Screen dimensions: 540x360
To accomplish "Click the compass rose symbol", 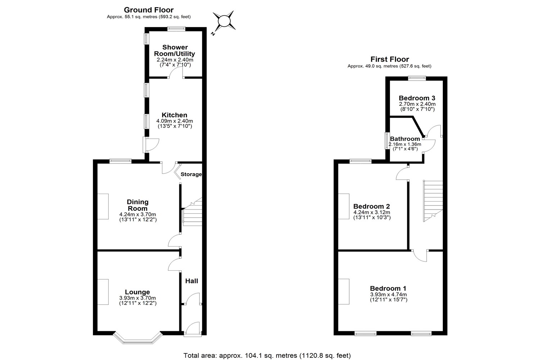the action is pyautogui.click(x=224, y=22).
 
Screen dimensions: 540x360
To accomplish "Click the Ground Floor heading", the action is pyautogui.click(x=148, y=10).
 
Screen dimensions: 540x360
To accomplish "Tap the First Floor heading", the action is pyautogui.click(x=390, y=59).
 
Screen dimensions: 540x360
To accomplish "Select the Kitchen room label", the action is pyautogui.click(x=174, y=115).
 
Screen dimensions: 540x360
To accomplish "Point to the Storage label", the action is pyautogui.click(x=191, y=174).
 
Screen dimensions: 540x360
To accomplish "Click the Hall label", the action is pyautogui.click(x=192, y=281).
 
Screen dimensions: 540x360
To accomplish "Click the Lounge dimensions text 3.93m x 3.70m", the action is pyautogui.click(x=138, y=298).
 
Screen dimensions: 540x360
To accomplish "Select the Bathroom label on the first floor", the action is pyautogui.click(x=405, y=139).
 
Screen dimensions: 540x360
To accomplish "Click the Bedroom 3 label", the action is pyautogui.click(x=417, y=98).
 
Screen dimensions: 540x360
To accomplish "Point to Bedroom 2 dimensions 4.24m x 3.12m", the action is pyautogui.click(x=372, y=212).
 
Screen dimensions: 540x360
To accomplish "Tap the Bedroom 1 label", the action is pyautogui.click(x=388, y=288).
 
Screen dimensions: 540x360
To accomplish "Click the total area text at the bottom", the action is pyautogui.click(x=267, y=355).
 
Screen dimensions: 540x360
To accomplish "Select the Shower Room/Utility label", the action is pyautogui.click(x=175, y=50).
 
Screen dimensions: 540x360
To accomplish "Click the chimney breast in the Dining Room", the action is pyautogui.click(x=103, y=206).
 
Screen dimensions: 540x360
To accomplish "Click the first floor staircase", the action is pyautogui.click(x=433, y=201).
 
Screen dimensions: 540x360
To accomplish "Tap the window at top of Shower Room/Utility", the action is pyautogui.click(x=176, y=29).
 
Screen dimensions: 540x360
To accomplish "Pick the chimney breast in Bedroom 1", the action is pyautogui.click(x=344, y=292).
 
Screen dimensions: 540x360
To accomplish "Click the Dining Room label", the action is pyautogui.click(x=138, y=205).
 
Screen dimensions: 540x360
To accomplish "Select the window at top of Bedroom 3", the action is pyautogui.click(x=417, y=78).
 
